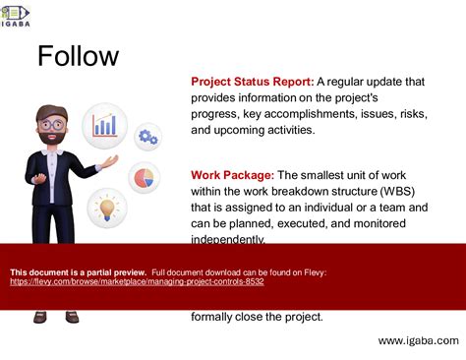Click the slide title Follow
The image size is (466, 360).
tap(78, 56)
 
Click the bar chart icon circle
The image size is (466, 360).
tap(105, 125)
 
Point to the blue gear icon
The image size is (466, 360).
tap(147, 136)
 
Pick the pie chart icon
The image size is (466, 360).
tap(145, 178)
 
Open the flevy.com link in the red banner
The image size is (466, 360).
tap(137, 281)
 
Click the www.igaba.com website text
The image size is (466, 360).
tap(418, 340)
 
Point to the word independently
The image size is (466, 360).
tap(227, 238)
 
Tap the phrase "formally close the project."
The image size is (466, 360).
tap(257, 316)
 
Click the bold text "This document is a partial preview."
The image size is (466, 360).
tap(78, 272)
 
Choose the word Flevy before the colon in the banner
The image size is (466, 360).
tap(312, 272)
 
